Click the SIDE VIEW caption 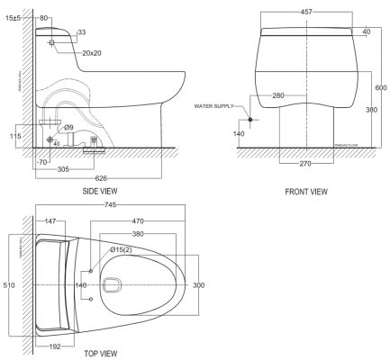coord(98,191)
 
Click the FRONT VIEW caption coord(305,192)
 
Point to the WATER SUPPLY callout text coord(214,106)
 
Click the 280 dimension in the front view coord(279,94)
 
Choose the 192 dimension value coord(53,344)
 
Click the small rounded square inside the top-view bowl coord(113,285)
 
